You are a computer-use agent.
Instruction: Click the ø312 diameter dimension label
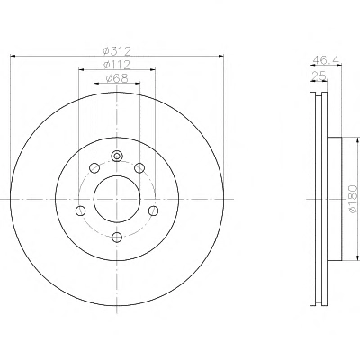point(117,51)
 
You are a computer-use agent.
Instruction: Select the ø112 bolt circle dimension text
point(117,65)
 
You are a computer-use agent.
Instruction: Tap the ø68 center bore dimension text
point(117,78)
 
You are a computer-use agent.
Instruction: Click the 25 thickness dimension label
point(319,76)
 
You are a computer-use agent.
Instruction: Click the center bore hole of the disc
point(117,199)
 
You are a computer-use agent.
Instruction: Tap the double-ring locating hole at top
point(117,156)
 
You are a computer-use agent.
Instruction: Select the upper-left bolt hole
point(94,168)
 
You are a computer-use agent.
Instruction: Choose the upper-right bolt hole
point(139,168)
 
